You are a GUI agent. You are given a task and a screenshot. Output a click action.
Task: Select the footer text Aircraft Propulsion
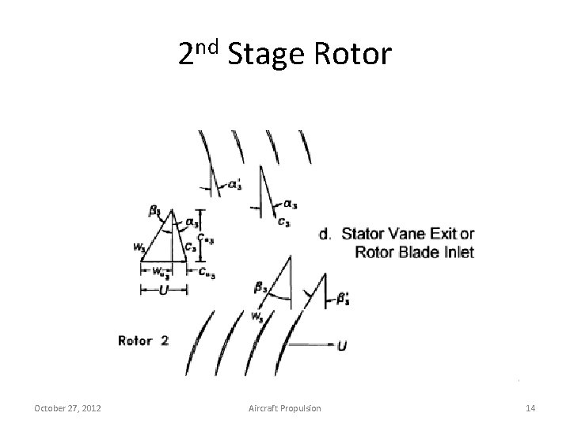[285, 408]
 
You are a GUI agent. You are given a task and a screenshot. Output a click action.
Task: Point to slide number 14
[530, 408]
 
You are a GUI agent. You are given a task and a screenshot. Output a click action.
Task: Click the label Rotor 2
[143, 341]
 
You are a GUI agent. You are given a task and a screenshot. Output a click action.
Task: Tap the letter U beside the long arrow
[341, 346]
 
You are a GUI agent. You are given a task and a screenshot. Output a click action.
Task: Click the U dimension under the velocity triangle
[163, 290]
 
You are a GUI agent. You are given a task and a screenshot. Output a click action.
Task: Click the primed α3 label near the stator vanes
[235, 185]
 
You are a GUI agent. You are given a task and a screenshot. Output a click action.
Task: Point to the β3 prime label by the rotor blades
[343, 299]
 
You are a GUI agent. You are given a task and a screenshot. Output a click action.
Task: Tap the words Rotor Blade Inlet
[414, 252]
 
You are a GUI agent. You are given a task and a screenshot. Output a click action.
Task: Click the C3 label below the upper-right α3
[283, 222]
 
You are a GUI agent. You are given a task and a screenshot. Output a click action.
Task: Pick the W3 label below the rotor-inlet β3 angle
[256, 316]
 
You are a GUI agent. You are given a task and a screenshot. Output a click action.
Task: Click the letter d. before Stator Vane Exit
[325, 234]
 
